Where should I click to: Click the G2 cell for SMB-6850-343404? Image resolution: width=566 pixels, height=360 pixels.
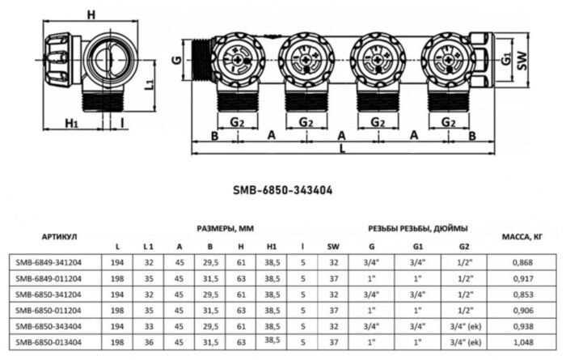point(463,326)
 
